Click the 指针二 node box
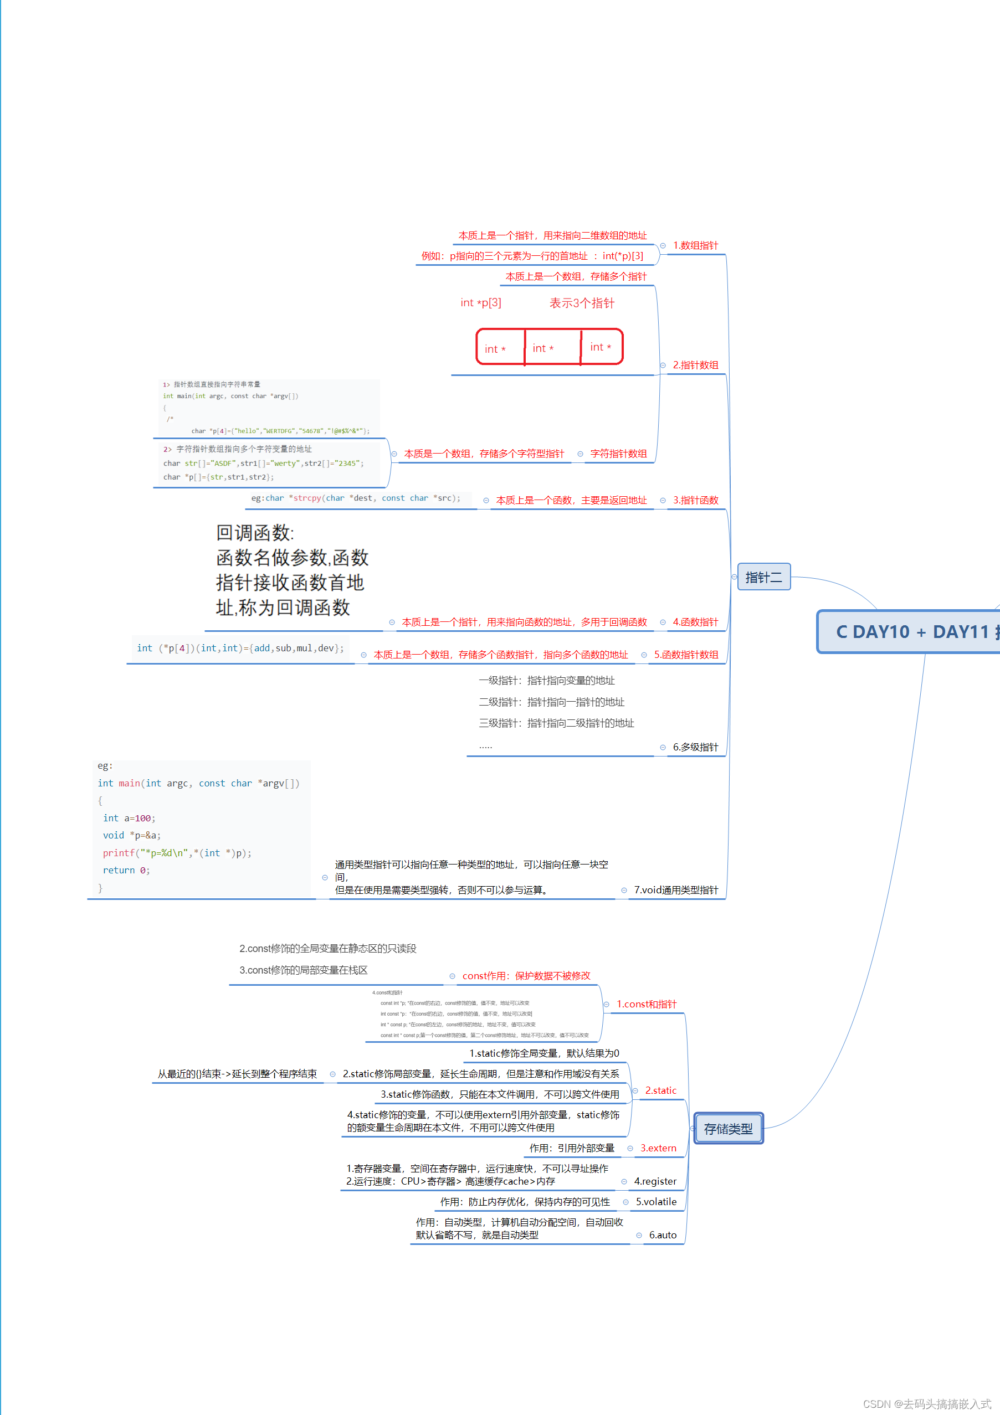pyautogui.click(x=763, y=577)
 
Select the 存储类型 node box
pyautogui.click(x=728, y=1129)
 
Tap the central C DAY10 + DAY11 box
pyautogui.click(x=912, y=632)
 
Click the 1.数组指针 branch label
pyautogui.click(x=695, y=245)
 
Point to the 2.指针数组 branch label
pyautogui.click(x=695, y=365)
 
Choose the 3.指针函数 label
pyautogui.click(x=695, y=500)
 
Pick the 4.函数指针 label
pyautogui.click(x=695, y=622)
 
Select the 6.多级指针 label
pyautogui.click(x=695, y=747)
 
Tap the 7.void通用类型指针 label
pyautogui.click(x=676, y=890)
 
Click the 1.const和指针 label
pyautogui.click(x=646, y=1004)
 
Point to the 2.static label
pyautogui.click(x=660, y=1090)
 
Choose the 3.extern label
pyautogui.click(x=658, y=1148)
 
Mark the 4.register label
pyautogui.click(x=655, y=1181)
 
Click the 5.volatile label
pyautogui.click(x=656, y=1202)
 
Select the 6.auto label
pyautogui.click(x=662, y=1235)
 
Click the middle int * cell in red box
pyautogui.click(x=543, y=348)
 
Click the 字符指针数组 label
pyautogui.click(x=618, y=454)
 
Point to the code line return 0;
pyautogui.click(x=126, y=870)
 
